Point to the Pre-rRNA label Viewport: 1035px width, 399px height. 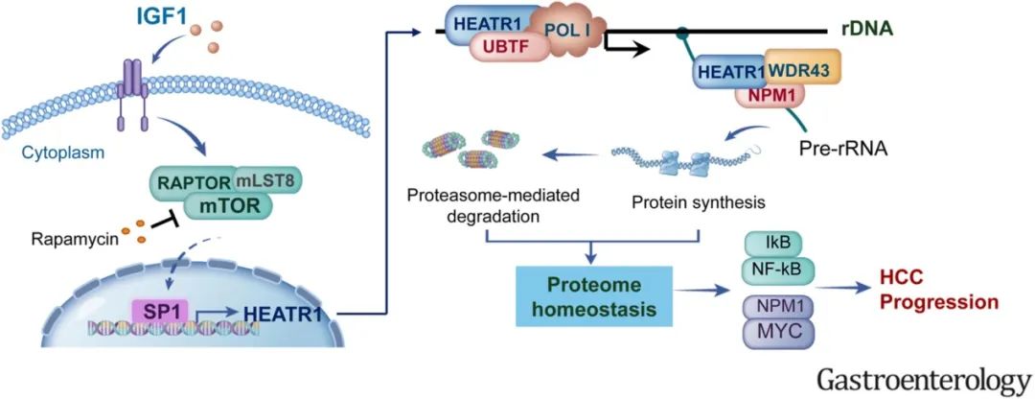pos(843,150)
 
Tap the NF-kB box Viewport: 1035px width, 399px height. pos(778,270)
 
